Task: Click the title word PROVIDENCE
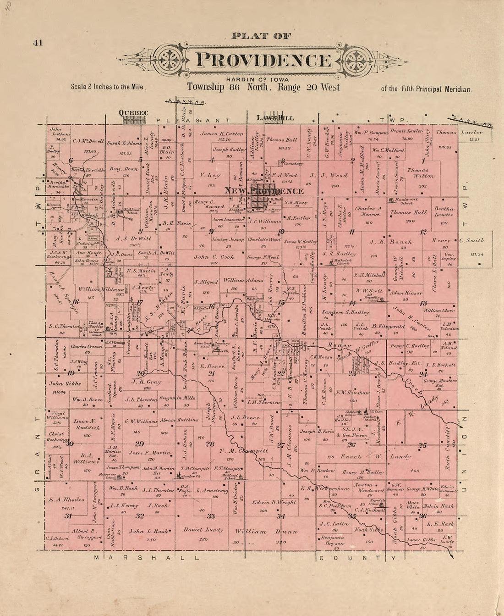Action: [263, 60]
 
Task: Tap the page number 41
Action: [38, 43]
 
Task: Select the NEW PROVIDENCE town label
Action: [263, 191]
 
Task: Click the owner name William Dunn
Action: [263, 532]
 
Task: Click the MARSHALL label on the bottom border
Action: [147, 558]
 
